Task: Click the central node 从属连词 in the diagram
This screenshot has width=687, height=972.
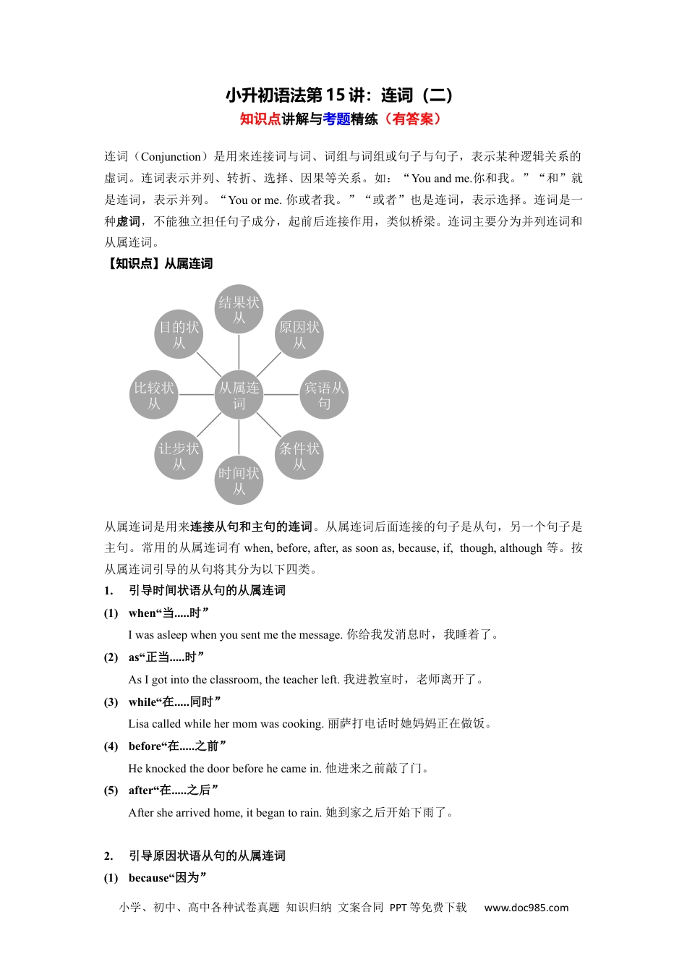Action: point(239,395)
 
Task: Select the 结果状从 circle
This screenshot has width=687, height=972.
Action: point(239,310)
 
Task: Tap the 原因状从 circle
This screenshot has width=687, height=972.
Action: point(299,334)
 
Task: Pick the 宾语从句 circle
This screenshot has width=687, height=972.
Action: point(324,395)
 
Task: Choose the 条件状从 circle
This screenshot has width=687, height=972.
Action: point(299,456)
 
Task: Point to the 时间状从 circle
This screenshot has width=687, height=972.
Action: point(239,481)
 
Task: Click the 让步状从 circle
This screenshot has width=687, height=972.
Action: point(179,456)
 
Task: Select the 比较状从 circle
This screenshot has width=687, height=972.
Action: point(154,395)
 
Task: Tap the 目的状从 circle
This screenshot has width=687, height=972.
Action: point(179,334)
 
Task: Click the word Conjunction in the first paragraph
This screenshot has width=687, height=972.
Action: point(171,157)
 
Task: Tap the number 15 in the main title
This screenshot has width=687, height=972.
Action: point(335,95)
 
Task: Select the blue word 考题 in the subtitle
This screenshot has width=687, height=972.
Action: point(337,119)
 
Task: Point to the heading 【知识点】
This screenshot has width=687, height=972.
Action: point(131,264)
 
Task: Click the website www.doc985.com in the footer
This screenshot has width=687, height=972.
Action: point(526,908)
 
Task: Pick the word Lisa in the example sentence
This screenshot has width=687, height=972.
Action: point(140,724)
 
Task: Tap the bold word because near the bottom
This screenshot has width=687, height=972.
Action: point(150,878)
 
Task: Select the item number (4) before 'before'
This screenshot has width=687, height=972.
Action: point(111,746)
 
